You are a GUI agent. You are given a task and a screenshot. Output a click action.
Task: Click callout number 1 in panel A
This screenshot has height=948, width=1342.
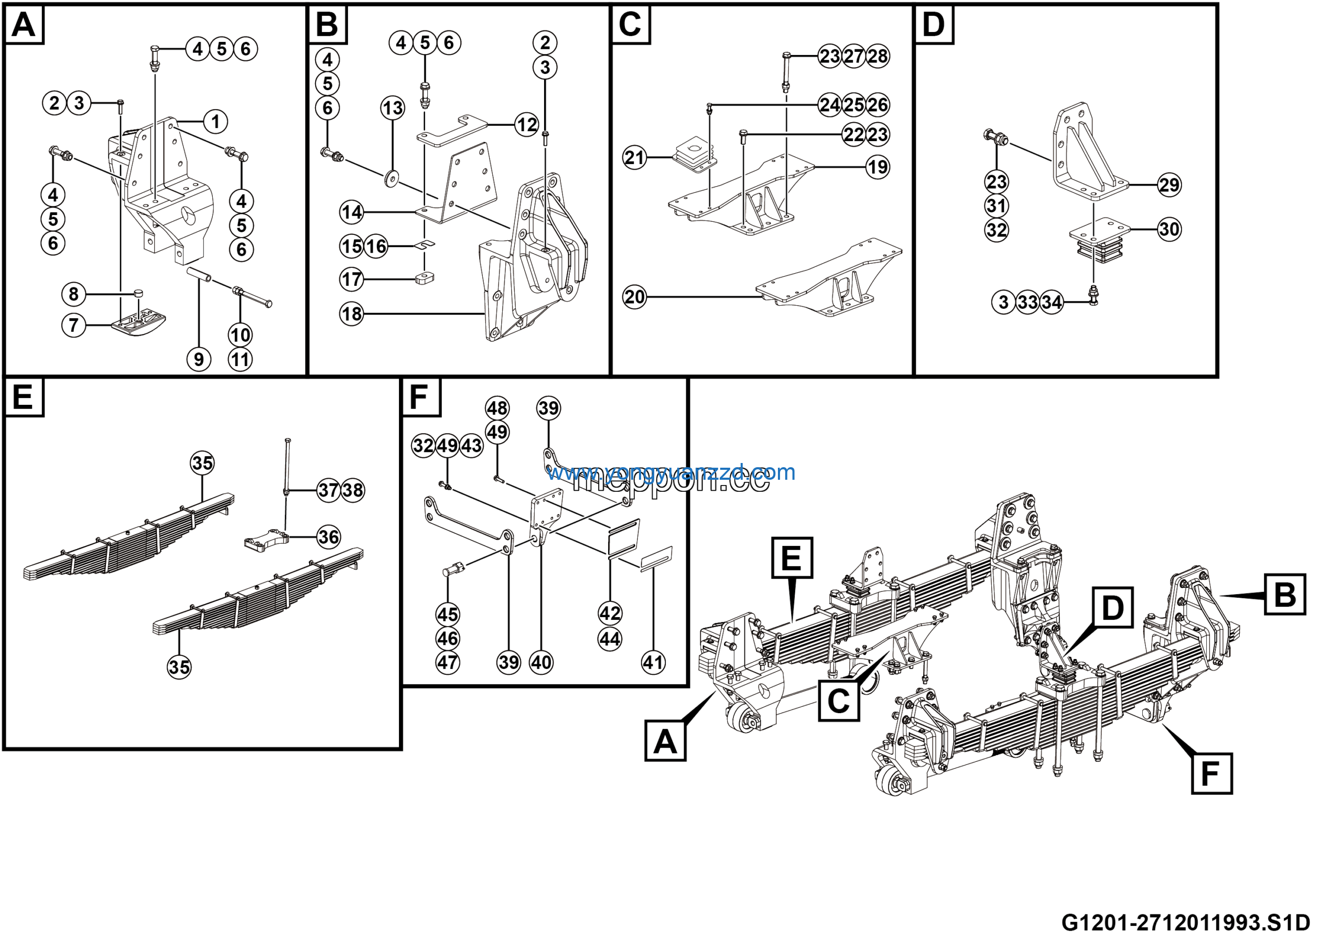point(215,122)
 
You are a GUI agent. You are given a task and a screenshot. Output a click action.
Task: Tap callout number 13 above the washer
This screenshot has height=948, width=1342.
point(392,108)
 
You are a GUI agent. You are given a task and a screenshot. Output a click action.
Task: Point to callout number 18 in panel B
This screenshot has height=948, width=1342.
point(351,315)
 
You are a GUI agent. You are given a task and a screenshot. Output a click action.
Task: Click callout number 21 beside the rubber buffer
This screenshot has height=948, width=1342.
point(634,157)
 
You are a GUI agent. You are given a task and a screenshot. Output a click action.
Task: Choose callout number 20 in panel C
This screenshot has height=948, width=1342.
point(634,297)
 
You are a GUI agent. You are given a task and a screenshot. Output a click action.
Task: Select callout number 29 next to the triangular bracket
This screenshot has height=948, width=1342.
point(1169,185)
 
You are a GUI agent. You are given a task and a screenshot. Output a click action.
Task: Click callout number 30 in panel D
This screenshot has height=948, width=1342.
point(1169,229)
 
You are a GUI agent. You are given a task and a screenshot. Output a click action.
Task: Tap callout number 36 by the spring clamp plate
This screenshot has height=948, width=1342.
point(329,536)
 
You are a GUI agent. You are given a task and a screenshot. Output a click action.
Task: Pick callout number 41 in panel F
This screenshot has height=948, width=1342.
point(653,662)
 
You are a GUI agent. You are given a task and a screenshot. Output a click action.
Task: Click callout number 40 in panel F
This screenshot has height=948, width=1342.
point(540,662)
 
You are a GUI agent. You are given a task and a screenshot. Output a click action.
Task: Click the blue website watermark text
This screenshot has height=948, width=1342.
point(670,472)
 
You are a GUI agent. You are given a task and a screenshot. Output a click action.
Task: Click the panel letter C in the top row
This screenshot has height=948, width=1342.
point(630,25)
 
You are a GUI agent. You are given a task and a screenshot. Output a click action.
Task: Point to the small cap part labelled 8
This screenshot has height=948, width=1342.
point(139,293)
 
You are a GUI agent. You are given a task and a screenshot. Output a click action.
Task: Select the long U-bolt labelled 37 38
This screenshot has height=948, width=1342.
point(287,465)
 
